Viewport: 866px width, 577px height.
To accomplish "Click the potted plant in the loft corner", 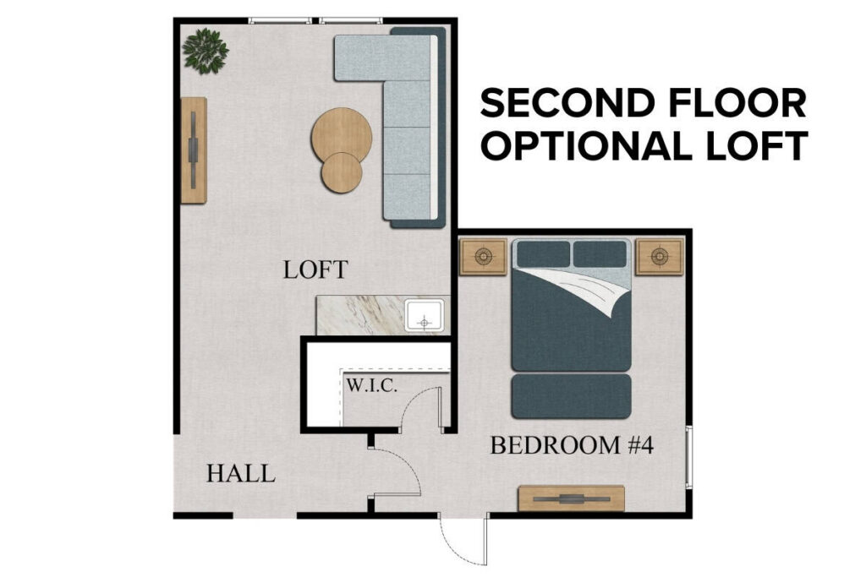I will [206, 51].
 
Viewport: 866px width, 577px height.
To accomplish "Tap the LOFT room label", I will [315, 270].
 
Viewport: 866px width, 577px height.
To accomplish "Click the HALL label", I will [241, 474].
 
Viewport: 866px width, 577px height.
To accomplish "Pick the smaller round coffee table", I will [341, 172].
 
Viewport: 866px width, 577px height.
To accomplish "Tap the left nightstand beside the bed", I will [482, 256].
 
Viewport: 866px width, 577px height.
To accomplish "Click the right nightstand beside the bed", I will [660, 256].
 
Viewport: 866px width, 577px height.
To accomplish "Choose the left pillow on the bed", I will [542, 253].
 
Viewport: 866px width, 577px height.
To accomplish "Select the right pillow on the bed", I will [600, 253].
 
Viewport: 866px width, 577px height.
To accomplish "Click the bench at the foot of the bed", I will [572, 396].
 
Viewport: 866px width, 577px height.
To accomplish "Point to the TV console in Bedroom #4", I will [571, 498].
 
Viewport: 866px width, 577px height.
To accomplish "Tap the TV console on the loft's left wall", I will [194, 150].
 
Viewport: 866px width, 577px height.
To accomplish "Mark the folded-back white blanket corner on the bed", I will [592, 291].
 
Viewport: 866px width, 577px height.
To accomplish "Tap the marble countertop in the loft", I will [359, 315].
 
